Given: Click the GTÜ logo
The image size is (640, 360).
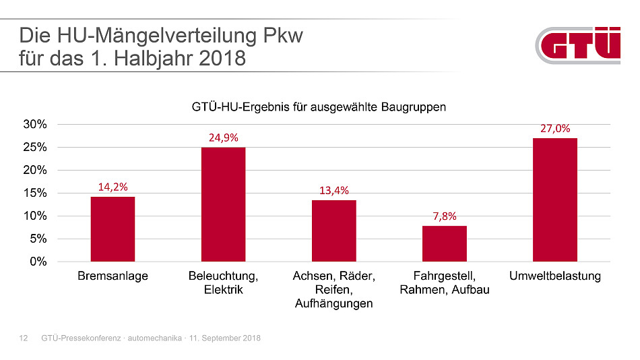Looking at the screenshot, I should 579,46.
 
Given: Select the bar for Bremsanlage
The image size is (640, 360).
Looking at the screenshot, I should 113,229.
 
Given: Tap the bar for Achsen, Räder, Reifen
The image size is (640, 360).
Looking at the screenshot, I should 333,231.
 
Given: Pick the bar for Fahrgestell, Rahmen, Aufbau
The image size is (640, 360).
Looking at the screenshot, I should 444,243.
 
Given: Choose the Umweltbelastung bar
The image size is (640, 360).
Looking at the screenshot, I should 554,200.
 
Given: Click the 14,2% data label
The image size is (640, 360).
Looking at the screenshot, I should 113,187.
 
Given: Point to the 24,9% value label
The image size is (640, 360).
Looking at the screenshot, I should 223,138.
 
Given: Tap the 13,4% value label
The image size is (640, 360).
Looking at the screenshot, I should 333,190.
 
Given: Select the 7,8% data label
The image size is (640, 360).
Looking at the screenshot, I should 444,216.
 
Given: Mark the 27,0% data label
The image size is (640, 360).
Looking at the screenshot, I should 554,128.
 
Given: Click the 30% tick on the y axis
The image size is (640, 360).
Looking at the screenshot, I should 35,125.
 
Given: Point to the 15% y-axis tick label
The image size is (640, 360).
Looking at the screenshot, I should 35,193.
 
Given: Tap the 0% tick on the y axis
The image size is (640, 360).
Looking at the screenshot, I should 38,262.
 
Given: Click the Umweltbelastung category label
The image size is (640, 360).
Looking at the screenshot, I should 554,276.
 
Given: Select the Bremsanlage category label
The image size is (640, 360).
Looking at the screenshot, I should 113,276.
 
